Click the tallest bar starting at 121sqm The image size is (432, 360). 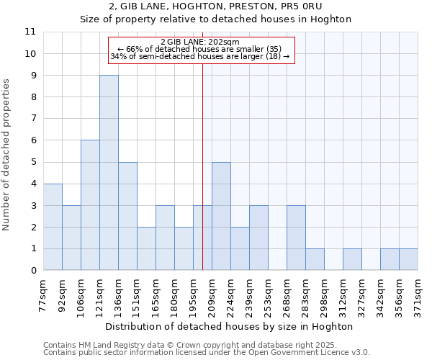(109, 173)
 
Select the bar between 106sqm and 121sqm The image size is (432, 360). (90, 205)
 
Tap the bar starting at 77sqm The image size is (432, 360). (53, 227)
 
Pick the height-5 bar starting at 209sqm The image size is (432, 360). (221, 216)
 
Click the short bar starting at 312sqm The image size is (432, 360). (352, 259)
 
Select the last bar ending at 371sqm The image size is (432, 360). (408, 259)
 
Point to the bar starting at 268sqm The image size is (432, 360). (296, 238)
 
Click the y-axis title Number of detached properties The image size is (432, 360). (7, 155)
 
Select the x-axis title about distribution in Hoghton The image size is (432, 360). (230, 326)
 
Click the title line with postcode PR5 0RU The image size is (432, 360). (230, 6)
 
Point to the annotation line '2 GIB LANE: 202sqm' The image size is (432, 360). (202, 42)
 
